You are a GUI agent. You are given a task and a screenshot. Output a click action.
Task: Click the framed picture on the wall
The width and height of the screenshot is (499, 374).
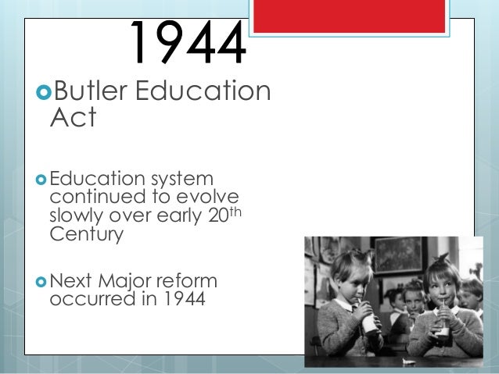(398, 255)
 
